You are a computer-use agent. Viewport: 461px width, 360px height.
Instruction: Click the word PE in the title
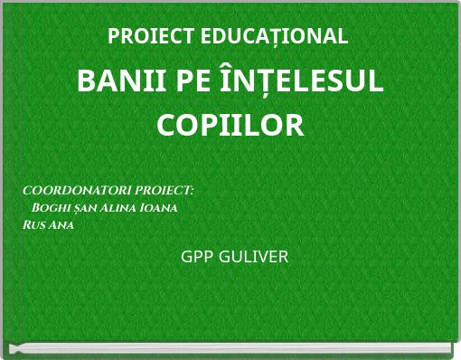point(182,81)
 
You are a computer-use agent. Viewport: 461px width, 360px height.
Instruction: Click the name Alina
point(113,208)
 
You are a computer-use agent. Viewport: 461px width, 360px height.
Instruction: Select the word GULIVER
point(252,257)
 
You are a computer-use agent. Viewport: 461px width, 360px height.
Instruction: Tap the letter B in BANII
point(86,81)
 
